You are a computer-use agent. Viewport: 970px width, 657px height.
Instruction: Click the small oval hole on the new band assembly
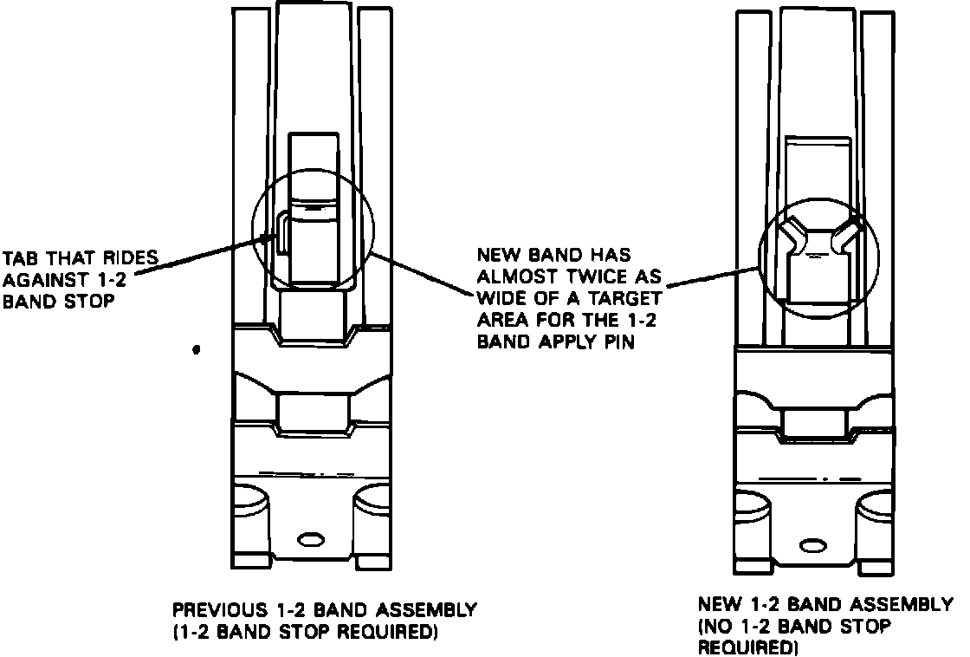tap(812, 546)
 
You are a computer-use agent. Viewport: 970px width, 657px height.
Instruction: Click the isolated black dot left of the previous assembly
tap(197, 350)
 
